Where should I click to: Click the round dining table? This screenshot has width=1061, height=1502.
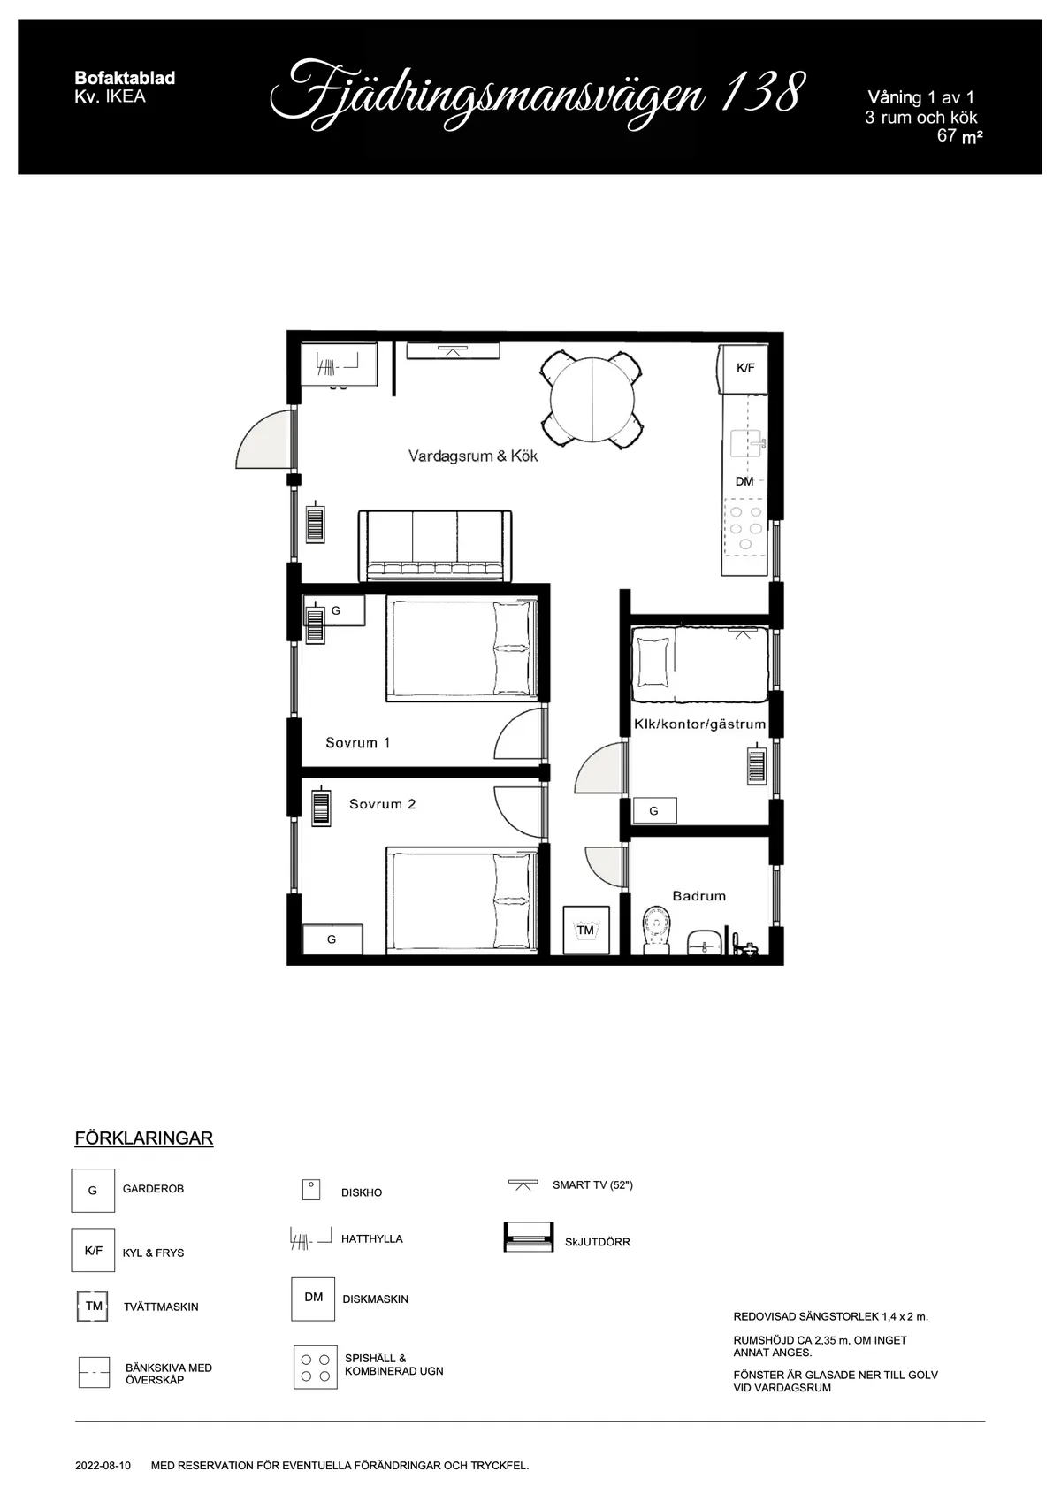(593, 399)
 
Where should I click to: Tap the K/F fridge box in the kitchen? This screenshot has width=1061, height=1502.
(745, 367)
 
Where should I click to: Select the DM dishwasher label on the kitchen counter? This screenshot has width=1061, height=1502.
(744, 481)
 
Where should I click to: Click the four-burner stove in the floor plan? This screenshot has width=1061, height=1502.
(744, 528)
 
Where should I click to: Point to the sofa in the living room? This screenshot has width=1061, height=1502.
(435, 546)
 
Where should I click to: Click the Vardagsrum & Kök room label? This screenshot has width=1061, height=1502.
(473, 456)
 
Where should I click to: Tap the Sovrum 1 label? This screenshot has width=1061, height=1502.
(357, 743)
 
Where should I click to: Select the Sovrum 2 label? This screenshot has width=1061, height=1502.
(382, 804)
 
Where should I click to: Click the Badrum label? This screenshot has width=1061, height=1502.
(698, 896)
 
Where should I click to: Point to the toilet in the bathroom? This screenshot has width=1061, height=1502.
(656, 931)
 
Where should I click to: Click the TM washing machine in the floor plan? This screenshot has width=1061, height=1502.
(585, 930)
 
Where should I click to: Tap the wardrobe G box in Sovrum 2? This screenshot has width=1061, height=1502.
(332, 939)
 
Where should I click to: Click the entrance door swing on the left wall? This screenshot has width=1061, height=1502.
(264, 440)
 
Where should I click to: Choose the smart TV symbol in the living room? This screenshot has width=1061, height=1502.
(454, 351)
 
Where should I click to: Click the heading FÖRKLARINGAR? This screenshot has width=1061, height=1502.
(144, 1138)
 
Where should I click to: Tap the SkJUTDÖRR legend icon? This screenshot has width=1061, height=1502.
(528, 1238)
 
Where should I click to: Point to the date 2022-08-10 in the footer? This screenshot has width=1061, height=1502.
(103, 1466)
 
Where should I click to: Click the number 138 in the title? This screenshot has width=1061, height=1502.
(761, 93)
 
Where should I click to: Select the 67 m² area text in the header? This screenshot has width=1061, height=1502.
(959, 136)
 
